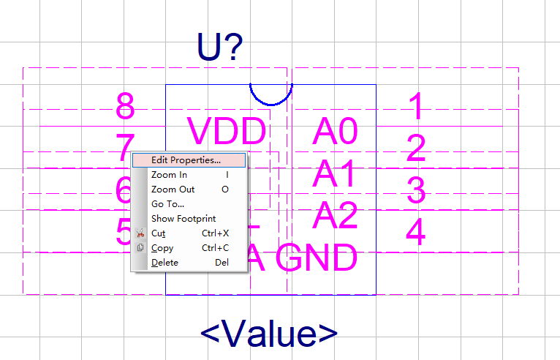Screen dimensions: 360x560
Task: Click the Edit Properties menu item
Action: pos(186,160)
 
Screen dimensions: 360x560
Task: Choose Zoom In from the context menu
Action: pos(169,175)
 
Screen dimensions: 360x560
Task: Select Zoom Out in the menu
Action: pos(173,189)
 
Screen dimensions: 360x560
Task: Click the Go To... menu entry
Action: pos(167,203)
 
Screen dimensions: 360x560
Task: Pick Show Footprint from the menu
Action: pos(183,218)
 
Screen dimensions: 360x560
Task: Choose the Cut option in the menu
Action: pos(158,233)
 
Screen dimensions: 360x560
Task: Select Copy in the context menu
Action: pos(162,248)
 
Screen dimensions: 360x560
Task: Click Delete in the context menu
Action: pos(164,263)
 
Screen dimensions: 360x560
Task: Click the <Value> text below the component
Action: pos(269,334)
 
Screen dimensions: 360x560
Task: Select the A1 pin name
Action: pos(334,174)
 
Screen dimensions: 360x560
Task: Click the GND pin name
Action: pos(321,258)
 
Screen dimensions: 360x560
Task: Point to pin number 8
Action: pos(126,107)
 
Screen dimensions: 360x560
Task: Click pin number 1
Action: pos(415,107)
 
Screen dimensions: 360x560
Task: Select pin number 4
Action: pos(415,232)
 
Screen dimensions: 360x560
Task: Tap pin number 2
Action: pos(415,149)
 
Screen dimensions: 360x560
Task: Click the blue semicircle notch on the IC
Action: pos(271,94)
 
